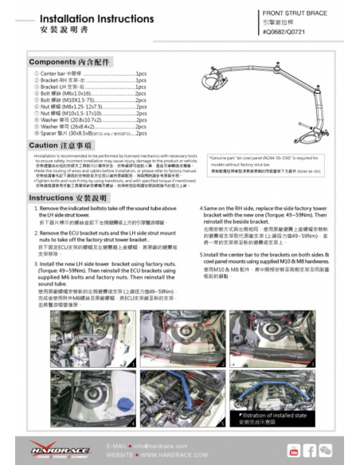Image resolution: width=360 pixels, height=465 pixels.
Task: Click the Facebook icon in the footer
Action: [x=311, y=451]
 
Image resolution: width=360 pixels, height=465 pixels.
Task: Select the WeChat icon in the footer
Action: [x=327, y=451]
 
